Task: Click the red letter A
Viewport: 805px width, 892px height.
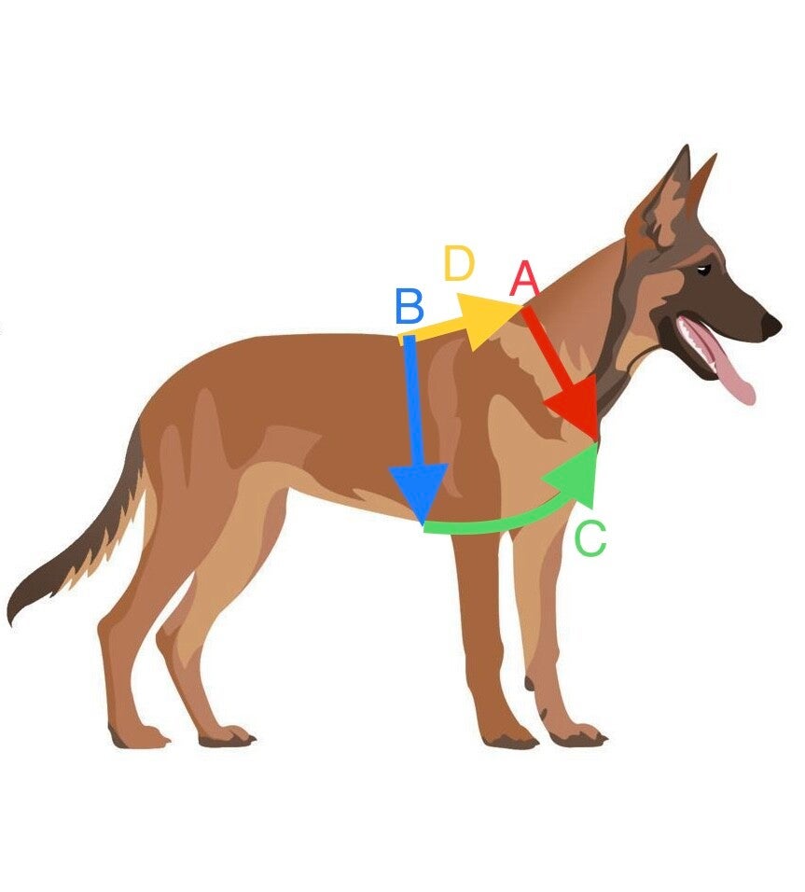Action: (x=525, y=279)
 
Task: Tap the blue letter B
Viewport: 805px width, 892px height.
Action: (x=409, y=307)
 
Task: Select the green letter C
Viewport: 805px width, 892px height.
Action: (x=590, y=539)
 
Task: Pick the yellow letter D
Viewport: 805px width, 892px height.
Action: (x=459, y=265)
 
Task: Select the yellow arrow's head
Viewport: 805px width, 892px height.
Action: (x=489, y=319)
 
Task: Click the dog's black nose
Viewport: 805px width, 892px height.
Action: (x=771, y=326)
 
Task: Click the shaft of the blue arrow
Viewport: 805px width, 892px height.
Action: (x=413, y=401)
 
